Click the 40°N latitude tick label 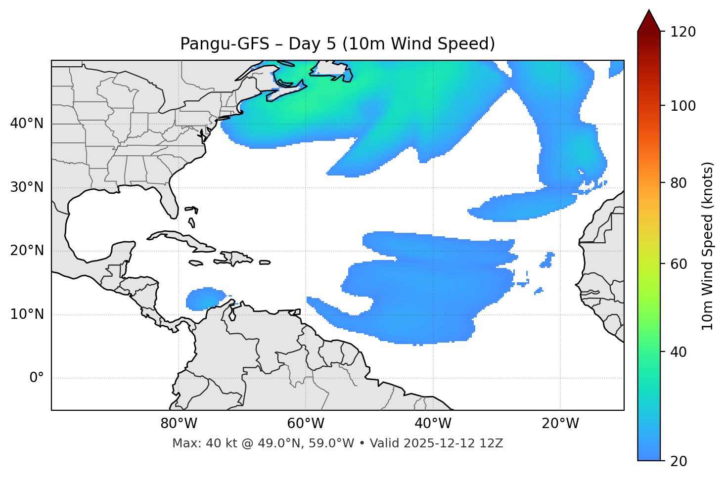click(x=27, y=124)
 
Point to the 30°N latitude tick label click(x=27, y=187)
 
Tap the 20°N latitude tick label click(x=27, y=251)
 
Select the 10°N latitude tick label click(x=27, y=314)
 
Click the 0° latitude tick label click(x=37, y=378)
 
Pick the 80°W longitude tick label click(x=179, y=424)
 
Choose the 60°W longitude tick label click(x=306, y=424)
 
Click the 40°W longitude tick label click(x=433, y=424)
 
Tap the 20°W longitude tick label click(x=560, y=424)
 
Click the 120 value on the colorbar click(x=684, y=32)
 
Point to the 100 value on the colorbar click(x=684, y=106)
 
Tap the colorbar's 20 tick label click(x=679, y=461)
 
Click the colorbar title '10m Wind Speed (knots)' click(x=708, y=246)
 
